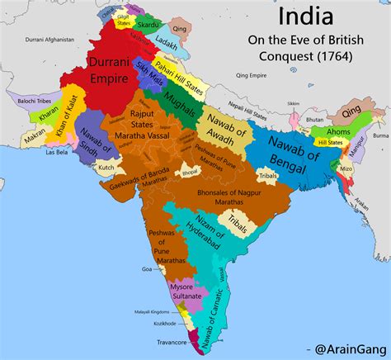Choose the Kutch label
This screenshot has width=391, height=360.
107,167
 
